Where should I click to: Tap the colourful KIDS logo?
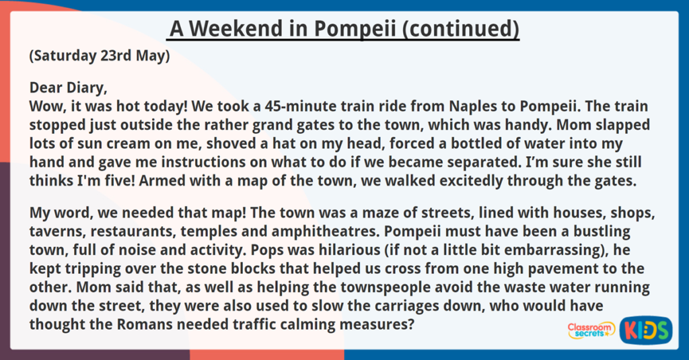click(x=645, y=330)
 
